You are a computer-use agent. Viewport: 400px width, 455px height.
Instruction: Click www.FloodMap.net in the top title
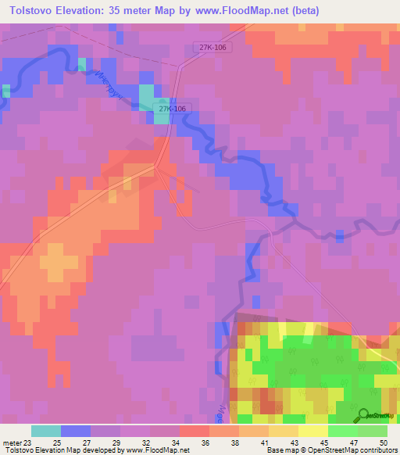232,11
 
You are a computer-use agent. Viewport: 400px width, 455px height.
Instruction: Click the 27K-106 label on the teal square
170,109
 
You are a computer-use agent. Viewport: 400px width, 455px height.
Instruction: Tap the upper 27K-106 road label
213,48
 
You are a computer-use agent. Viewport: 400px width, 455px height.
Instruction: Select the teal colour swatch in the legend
46,431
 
